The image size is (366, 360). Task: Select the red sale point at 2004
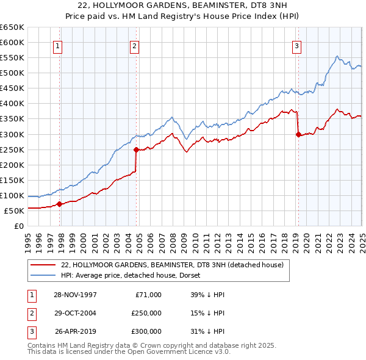point(136,149)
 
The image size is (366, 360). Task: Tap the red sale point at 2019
point(298,134)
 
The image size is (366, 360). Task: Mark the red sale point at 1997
point(59,204)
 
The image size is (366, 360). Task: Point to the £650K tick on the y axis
point(12,27)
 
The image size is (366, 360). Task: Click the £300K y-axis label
point(12,134)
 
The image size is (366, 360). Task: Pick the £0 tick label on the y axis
point(18,226)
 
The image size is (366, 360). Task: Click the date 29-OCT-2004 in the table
point(76,313)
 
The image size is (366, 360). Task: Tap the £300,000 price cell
point(146,331)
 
